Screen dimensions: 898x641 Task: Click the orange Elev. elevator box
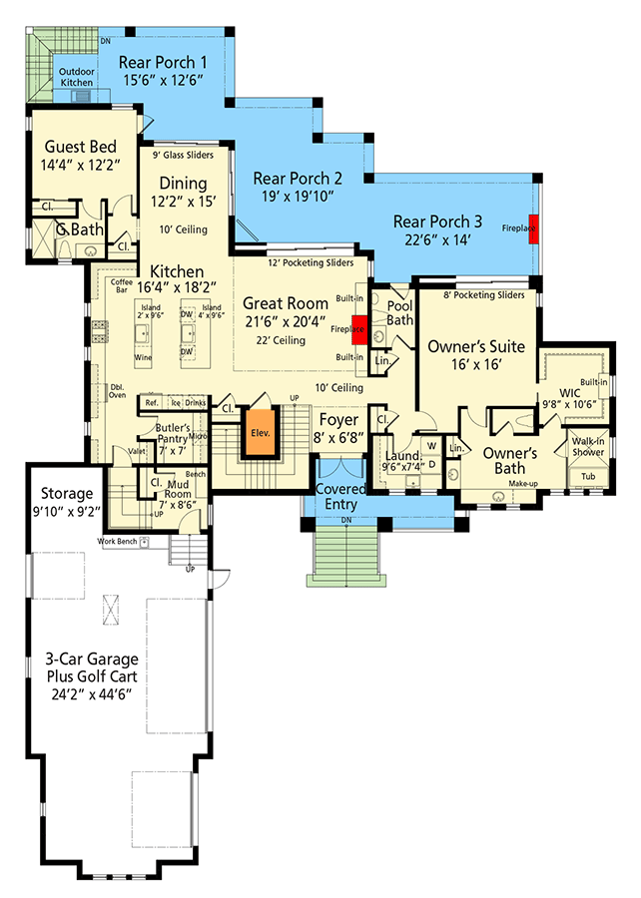(x=261, y=433)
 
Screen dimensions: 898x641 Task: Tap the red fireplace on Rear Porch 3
(x=534, y=226)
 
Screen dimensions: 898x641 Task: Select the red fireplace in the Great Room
(x=356, y=326)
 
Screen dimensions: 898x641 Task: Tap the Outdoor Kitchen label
(x=77, y=78)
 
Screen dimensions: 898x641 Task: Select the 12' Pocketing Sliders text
(x=311, y=262)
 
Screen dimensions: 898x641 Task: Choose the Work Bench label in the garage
(x=117, y=542)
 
